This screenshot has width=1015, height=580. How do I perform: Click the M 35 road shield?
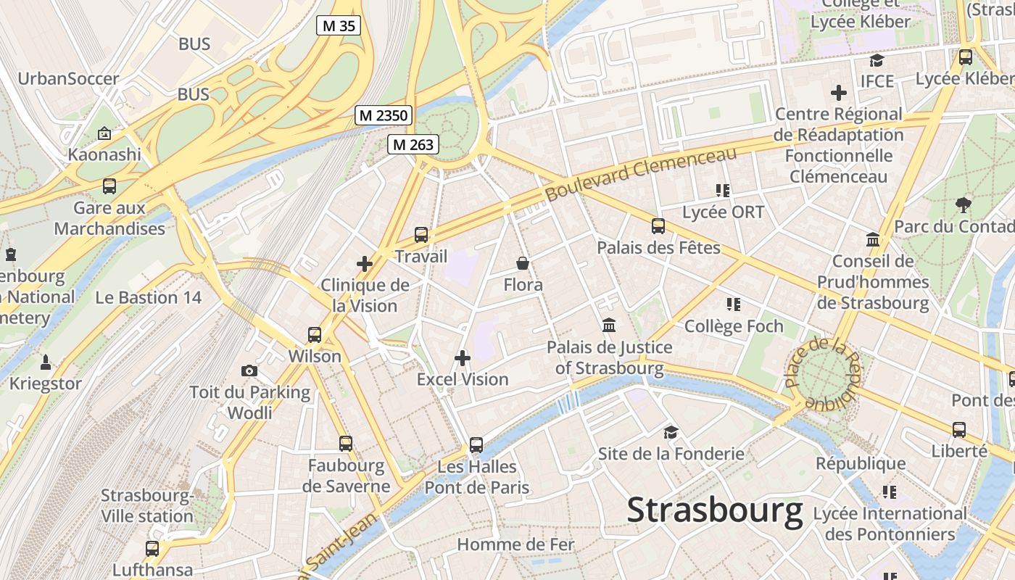coord(339,26)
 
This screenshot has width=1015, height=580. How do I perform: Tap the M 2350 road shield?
coord(384,115)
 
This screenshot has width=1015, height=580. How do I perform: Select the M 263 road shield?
coord(413,145)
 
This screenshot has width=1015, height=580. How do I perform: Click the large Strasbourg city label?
coord(715,510)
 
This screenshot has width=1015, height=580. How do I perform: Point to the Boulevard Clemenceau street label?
coord(641,174)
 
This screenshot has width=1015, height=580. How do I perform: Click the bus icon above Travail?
coord(421,235)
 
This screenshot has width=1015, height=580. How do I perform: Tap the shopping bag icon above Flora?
coord(523,263)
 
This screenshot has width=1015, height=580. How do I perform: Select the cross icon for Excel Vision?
coord(463,358)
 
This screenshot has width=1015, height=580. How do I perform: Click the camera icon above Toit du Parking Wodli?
coord(249,371)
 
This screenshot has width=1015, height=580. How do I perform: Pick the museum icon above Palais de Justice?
coord(609,326)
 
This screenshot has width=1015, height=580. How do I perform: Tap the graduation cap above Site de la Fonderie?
coord(671,433)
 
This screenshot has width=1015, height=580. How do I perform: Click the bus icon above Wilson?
coord(315,335)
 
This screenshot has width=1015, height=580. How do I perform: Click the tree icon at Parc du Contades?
coord(963,205)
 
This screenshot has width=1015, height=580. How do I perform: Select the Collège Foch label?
coord(734,327)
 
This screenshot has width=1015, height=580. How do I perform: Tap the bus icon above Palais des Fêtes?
coord(658,226)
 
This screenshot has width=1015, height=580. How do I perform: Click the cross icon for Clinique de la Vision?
coord(365,264)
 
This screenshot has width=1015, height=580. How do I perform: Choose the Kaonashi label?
coord(104,154)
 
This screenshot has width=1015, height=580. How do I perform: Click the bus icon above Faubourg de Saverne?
coord(346,444)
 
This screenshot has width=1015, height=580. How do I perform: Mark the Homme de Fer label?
coord(515,544)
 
